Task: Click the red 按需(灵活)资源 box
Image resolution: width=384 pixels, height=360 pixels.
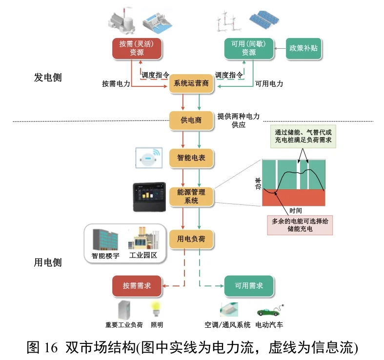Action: coord(137,48)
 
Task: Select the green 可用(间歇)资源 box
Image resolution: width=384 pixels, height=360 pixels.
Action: coord(249,48)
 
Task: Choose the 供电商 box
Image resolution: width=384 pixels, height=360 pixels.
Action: coord(191,120)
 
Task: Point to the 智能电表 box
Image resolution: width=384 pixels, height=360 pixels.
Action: coord(191,158)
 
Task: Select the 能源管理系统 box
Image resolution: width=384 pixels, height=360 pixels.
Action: coord(191,196)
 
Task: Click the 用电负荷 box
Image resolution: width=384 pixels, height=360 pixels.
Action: coord(191,239)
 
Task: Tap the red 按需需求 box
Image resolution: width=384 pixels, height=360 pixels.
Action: coord(137,286)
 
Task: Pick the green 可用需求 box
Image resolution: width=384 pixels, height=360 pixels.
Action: coord(249,286)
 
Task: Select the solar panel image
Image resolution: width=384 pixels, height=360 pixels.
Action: coord(264,20)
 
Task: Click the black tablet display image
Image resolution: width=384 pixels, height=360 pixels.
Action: coord(150,197)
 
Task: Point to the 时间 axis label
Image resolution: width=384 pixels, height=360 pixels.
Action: coord(295,211)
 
